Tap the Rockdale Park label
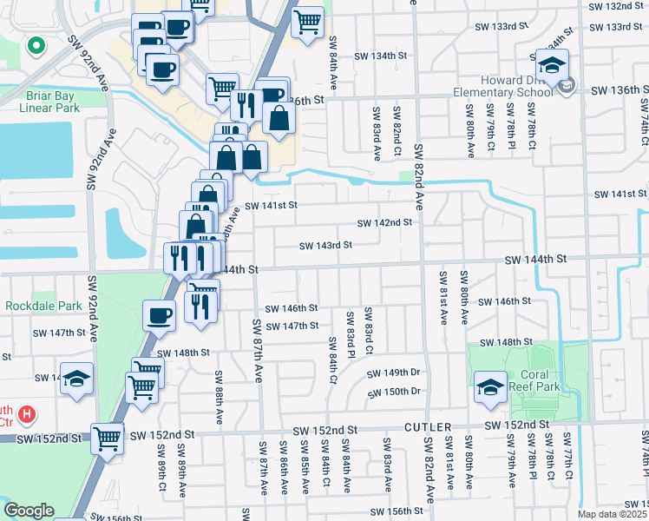click(x=43, y=306)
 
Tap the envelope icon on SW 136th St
click(x=567, y=86)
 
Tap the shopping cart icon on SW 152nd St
click(x=108, y=439)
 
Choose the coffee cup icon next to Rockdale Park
click(x=160, y=315)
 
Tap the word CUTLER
click(x=428, y=429)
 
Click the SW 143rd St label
click(x=325, y=246)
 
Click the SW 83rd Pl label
click(x=352, y=333)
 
